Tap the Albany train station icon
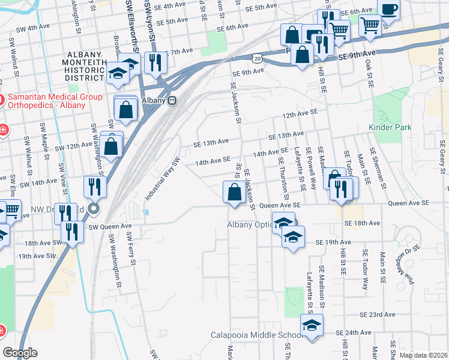tap(172, 100)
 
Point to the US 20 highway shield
tap(257, 59)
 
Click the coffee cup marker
tap(388, 10)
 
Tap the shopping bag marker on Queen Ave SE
tap(234, 194)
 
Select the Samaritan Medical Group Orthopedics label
tap(47, 101)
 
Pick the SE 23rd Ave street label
tap(378, 314)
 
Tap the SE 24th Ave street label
tap(353, 332)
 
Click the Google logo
tap(20, 353)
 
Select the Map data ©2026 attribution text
tap(423, 355)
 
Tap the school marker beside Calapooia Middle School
tap(311, 328)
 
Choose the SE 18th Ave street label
tap(362, 223)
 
